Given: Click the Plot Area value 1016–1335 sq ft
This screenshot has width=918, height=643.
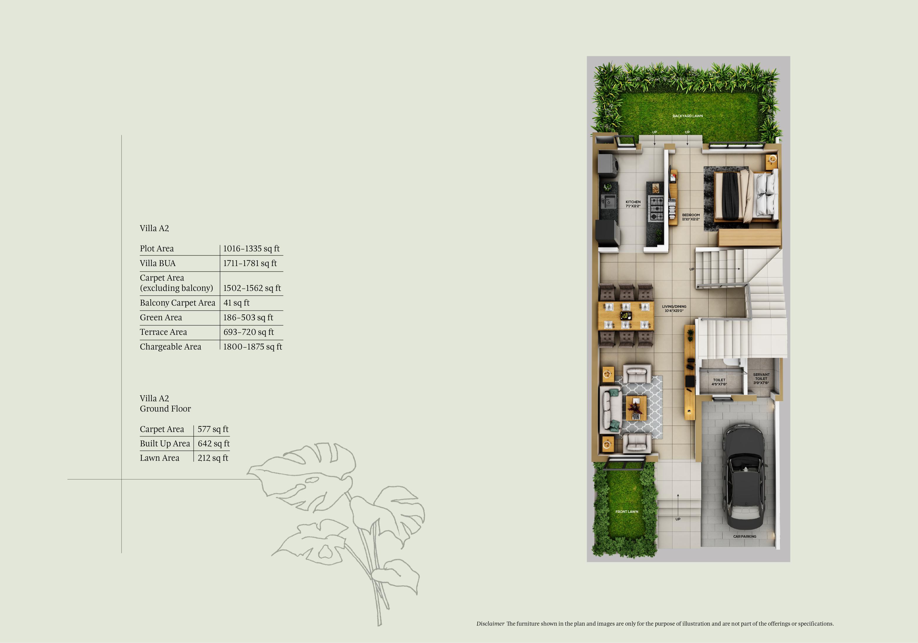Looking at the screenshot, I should [x=251, y=249].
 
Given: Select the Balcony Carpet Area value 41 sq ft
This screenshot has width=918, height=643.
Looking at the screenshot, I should [x=236, y=303].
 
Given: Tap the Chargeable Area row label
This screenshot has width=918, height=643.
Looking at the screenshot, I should [x=170, y=347].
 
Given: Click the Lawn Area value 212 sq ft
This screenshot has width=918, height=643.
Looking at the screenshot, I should [x=213, y=458].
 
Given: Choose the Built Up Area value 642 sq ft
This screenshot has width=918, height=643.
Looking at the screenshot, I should [x=214, y=444].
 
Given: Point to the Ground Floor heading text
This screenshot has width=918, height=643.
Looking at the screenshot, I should [x=165, y=409].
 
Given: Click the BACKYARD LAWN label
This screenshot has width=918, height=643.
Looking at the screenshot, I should [x=687, y=116].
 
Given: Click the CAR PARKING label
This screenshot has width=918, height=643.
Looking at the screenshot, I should [x=744, y=537].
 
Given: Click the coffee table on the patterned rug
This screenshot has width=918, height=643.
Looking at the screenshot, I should [x=636, y=408].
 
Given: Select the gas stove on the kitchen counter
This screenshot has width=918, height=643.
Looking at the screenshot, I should [x=656, y=208].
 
